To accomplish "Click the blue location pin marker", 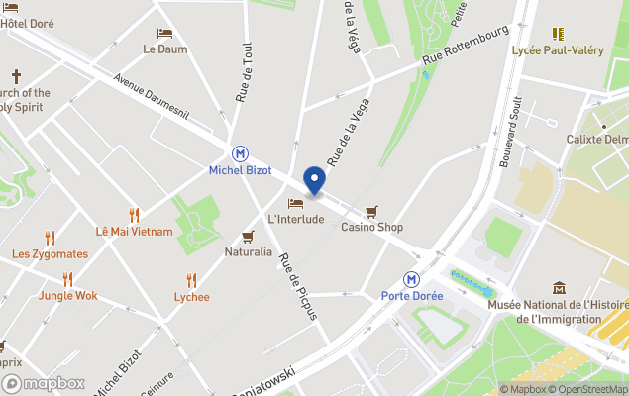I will [x=314, y=181].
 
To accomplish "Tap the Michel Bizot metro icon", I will [x=240, y=153].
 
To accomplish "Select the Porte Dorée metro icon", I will [x=412, y=280].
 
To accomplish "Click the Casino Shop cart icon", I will [x=372, y=211].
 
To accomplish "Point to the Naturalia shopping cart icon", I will [x=248, y=237].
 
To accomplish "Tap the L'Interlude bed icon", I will [x=295, y=203].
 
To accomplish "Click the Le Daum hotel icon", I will [x=164, y=33].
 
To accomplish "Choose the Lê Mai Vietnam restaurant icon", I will [x=134, y=215].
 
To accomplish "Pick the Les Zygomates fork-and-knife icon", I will [x=50, y=238].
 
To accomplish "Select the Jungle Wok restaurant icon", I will [x=67, y=279].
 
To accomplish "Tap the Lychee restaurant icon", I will [x=191, y=280].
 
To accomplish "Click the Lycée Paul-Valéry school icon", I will [x=558, y=34].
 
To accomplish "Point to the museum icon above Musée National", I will [x=560, y=288].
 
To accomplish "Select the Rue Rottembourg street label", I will [x=465, y=46].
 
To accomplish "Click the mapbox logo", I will [x=44, y=383].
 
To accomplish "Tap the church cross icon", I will [x=16, y=76].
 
